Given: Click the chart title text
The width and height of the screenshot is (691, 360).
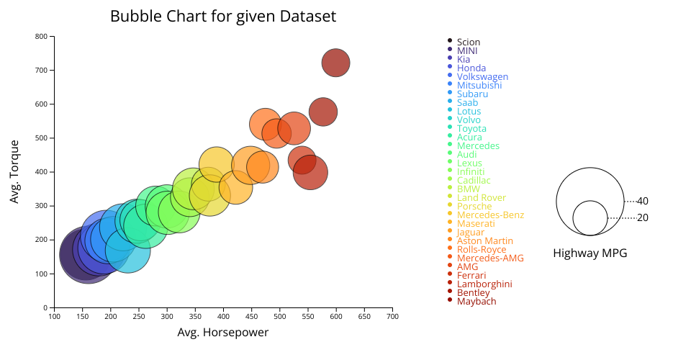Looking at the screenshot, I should click(222, 16).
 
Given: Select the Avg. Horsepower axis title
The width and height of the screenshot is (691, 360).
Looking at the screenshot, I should click(222, 333).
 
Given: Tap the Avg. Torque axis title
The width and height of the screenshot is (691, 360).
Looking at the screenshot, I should click(14, 171).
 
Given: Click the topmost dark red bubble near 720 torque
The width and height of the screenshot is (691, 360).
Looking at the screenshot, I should click(335, 63).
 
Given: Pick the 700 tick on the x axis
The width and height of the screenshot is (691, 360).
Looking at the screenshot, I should click(392, 316).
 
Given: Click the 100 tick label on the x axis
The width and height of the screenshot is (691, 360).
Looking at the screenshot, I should click(53, 316).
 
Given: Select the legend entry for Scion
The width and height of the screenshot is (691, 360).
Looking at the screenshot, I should click(468, 42).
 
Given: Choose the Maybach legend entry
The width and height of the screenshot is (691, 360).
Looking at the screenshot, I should click(476, 302).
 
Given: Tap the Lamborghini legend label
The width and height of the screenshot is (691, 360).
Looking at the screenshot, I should click(484, 284).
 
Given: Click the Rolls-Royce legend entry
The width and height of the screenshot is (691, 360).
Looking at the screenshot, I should click(482, 250).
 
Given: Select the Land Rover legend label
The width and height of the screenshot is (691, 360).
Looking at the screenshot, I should click(482, 198).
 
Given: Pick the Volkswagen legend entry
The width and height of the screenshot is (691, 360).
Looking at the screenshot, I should click(482, 77).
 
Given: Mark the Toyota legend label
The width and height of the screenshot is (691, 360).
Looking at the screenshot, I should click(471, 129).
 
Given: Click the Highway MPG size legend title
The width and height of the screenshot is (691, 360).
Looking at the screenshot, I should click(590, 253).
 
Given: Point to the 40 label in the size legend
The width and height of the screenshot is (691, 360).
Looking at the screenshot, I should click(643, 201).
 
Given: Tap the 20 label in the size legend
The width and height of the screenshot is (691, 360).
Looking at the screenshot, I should click(643, 217).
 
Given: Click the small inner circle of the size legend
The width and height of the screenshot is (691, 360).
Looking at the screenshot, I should click(590, 217).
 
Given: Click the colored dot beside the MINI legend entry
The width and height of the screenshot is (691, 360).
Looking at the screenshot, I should click(450, 49).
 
